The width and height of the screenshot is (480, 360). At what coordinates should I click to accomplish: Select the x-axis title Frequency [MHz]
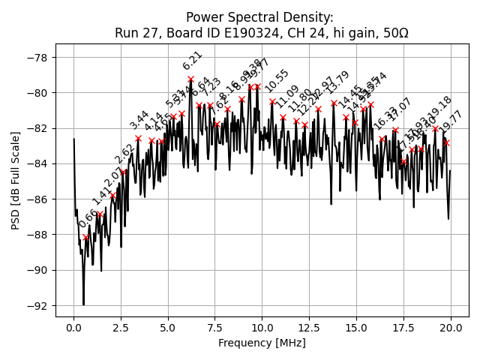click(262, 343)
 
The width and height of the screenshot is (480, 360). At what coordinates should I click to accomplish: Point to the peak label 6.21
click(193, 61)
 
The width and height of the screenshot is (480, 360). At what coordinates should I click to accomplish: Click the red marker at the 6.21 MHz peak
click(190, 79)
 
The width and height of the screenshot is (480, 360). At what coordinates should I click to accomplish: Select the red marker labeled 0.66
click(86, 238)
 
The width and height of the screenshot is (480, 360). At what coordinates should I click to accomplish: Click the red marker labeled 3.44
click(138, 138)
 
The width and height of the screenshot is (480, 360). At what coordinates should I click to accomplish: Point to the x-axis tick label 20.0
click(450, 328)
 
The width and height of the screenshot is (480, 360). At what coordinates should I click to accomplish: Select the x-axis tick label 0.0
click(73, 328)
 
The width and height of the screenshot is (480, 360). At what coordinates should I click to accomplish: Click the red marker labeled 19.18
click(435, 128)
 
